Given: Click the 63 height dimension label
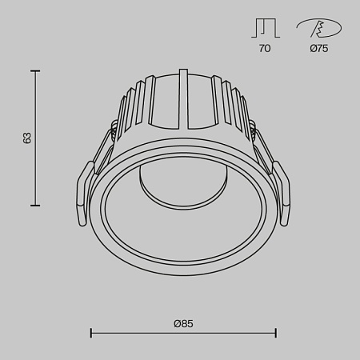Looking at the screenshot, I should tap(27, 138).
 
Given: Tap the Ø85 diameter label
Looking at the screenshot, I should tap(183, 323).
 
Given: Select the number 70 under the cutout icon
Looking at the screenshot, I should tap(265, 49).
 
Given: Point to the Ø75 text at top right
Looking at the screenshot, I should tap(318, 49).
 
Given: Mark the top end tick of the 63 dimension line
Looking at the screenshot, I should tap(35, 70).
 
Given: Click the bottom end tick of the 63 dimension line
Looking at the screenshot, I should tap(35, 206).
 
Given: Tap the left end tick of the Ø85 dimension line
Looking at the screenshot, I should tap(90, 332).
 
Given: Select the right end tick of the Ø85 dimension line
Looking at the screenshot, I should tap(276, 332).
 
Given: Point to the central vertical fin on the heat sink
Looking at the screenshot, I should tap(184, 100).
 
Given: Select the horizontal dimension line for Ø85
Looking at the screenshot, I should tap(183, 332).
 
